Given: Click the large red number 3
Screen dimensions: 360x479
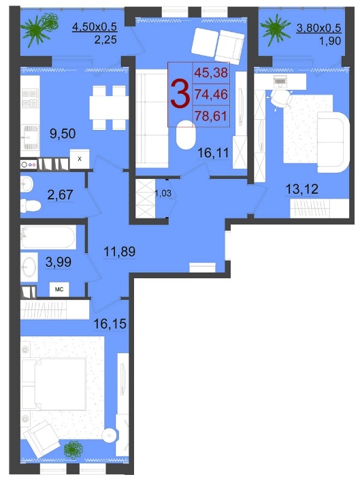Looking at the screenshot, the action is [180, 93].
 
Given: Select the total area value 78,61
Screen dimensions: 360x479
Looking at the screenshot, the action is [211, 116].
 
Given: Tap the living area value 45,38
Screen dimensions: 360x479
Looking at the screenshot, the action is [211, 73].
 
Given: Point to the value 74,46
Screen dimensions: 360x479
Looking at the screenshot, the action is [211, 95].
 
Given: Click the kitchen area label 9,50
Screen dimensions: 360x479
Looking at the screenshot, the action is [63, 134].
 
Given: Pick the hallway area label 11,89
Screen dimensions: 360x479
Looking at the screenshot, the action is [120, 252].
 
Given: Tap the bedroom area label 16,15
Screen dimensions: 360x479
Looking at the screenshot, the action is [110, 324].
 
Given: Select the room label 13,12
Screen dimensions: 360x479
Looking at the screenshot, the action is [301, 189].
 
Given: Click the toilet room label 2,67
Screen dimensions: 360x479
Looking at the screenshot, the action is [60, 195].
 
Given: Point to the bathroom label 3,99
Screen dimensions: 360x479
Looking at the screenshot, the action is [59, 262].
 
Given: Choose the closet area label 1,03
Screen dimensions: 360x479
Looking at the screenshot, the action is [163, 193].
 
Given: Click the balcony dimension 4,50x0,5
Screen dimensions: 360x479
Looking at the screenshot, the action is [95, 27].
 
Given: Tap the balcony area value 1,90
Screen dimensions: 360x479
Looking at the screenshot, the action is [330, 41].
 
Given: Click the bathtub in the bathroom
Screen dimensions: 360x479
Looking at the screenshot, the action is [48, 237].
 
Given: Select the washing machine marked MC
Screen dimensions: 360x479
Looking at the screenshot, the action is [59, 289].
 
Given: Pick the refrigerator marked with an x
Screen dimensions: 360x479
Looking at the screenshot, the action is [80, 159].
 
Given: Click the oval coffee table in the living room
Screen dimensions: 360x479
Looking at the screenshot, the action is [186, 135].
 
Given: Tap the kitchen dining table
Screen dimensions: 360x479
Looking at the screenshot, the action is [110, 108].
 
